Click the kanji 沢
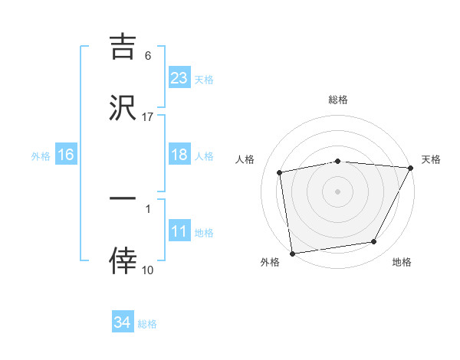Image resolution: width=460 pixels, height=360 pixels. (x=123, y=106)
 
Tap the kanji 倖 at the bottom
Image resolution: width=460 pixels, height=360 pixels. (x=123, y=261)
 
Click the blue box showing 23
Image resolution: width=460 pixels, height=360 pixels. (x=179, y=77)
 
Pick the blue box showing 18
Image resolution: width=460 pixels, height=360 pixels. (x=179, y=155)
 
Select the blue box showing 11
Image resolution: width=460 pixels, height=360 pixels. (x=179, y=231)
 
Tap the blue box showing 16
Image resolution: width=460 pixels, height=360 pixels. (x=66, y=155)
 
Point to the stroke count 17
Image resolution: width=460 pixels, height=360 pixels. (x=148, y=116)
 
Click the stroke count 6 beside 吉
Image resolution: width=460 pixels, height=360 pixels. (x=148, y=56)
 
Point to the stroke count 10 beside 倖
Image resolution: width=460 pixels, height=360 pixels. (x=148, y=270)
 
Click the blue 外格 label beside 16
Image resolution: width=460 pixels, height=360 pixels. (x=41, y=155)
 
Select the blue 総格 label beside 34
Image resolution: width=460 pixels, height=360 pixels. (x=147, y=323)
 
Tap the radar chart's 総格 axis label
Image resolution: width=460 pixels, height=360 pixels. (x=338, y=100)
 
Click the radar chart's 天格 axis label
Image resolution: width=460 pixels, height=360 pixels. (x=431, y=159)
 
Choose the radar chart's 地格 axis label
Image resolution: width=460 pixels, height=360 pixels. (x=402, y=262)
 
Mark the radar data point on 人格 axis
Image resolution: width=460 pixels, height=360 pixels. (x=280, y=172)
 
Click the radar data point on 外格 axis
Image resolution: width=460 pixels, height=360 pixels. (x=292, y=253)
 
